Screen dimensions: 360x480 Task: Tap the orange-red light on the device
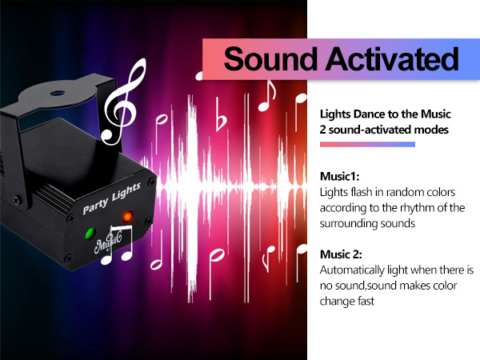126,215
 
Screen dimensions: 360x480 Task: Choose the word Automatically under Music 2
356,272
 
